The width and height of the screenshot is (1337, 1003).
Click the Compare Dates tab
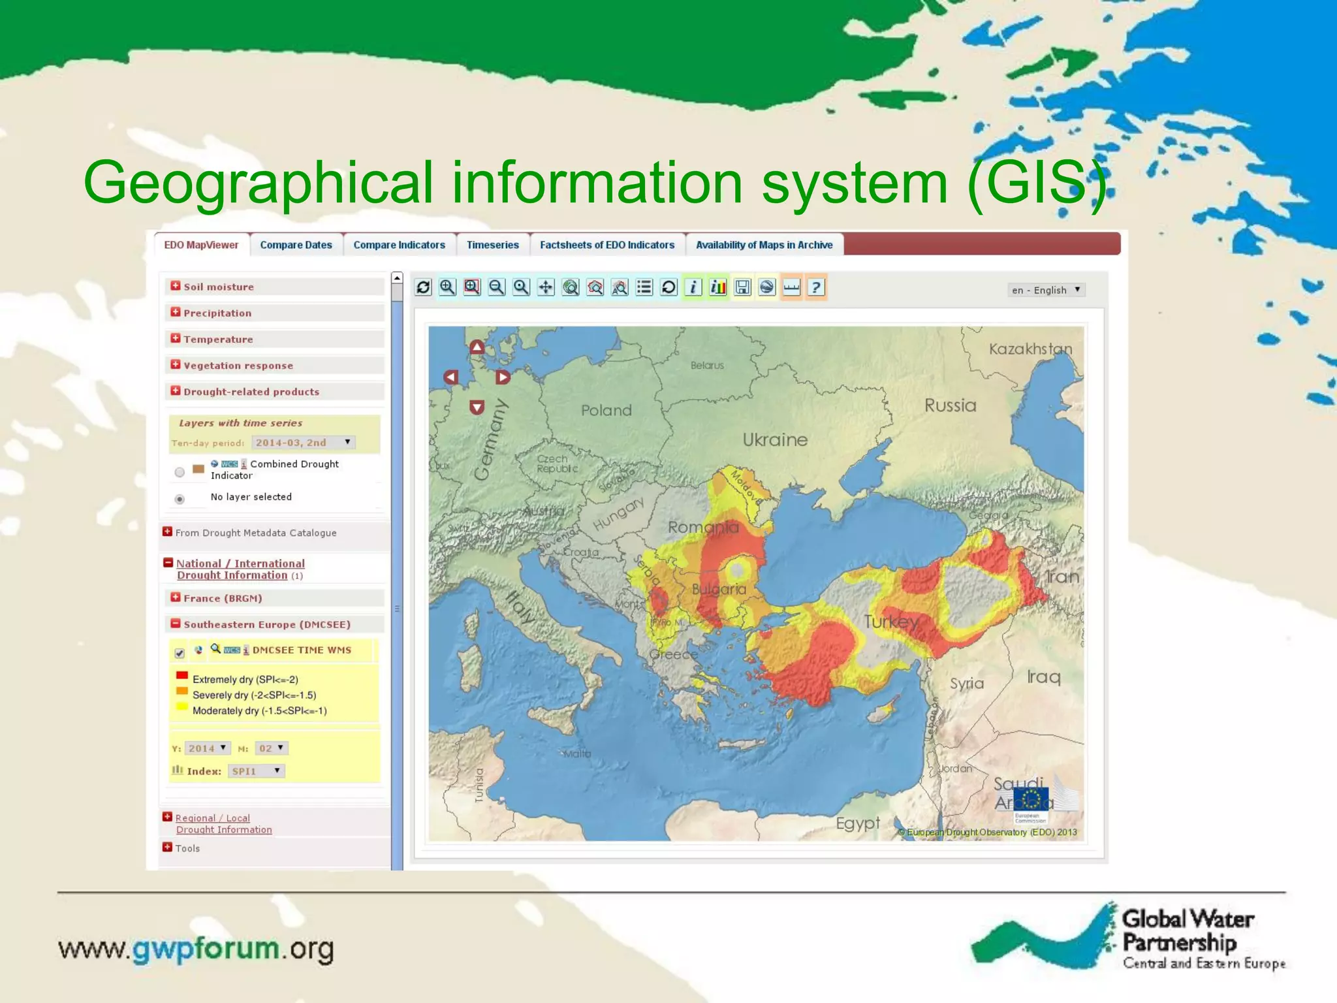click(296, 245)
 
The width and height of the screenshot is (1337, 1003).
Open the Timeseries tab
click(492, 245)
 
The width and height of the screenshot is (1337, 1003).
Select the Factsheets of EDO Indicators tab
click(607, 245)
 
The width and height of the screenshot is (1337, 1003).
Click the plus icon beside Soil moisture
click(176, 286)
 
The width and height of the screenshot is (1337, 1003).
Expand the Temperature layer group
click(176, 338)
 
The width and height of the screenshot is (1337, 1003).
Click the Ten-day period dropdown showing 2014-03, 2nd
click(303, 442)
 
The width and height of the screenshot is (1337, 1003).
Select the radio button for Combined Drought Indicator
click(180, 471)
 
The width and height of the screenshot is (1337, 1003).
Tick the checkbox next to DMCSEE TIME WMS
click(180, 652)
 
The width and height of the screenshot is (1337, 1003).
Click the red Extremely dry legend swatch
click(182, 676)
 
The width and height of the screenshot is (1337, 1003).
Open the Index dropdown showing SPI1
click(257, 771)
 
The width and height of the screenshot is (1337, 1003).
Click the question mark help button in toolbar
click(816, 287)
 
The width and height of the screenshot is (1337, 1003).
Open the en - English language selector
click(1046, 290)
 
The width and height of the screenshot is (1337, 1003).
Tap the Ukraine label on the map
click(775, 439)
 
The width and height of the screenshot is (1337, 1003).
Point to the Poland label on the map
click(606, 410)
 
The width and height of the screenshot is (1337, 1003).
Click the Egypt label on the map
click(858, 823)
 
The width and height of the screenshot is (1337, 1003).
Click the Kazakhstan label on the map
click(1030, 349)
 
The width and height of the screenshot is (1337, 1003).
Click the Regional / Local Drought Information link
click(223, 823)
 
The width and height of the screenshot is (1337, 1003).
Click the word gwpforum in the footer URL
click(206, 948)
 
